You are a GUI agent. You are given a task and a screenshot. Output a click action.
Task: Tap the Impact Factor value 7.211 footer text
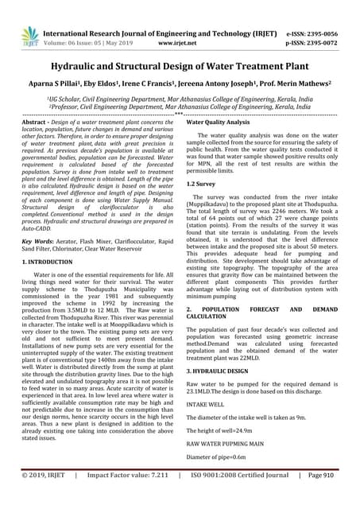pyautogui.click(x=130, y=496)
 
